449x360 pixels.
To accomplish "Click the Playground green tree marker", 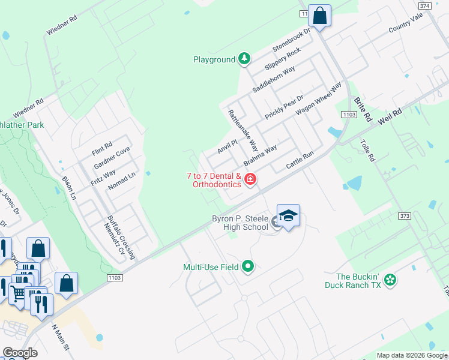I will tap(244, 59).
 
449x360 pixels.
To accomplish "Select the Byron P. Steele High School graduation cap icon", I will tap(288, 215).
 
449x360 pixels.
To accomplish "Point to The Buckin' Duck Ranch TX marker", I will tap(390, 279).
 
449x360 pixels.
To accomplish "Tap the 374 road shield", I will tap(425, 5).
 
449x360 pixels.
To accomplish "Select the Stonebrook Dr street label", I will tap(292, 40).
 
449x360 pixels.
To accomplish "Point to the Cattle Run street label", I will tap(300, 159).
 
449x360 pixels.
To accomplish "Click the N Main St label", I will tap(61, 338).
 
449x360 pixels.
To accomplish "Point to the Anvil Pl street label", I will tap(228, 145).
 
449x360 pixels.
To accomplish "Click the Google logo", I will tap(20, 353).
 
